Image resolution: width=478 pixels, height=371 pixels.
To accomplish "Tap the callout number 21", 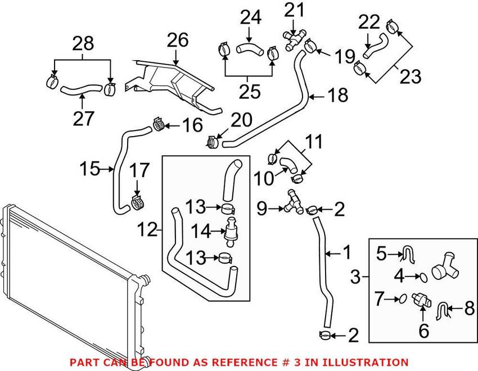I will point(293,10).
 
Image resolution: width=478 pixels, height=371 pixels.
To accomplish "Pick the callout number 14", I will point(200,230).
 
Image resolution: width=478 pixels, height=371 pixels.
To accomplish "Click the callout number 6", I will point(423,331).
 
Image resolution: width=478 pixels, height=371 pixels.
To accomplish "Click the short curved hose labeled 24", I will point(249,49).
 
